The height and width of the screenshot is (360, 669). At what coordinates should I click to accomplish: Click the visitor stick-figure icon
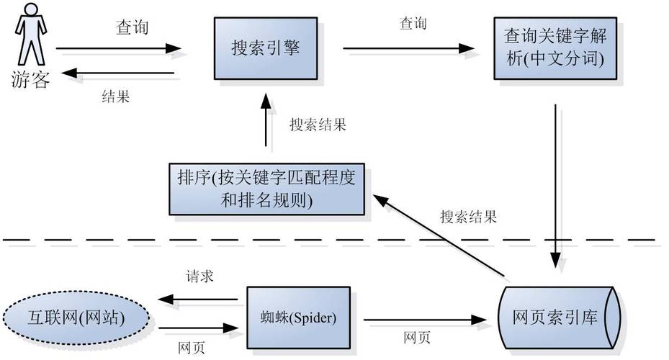[30, 35]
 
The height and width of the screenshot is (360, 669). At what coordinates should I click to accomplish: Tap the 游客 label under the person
[30, 79]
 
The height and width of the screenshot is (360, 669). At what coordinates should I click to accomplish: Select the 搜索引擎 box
[265, 48]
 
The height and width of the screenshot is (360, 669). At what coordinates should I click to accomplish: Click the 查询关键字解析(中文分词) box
[555, 48]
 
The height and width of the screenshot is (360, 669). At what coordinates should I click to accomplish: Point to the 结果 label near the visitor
[116, 96]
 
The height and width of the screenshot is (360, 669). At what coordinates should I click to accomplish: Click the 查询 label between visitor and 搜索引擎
[133, 27]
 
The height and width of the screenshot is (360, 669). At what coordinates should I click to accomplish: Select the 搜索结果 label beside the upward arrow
[318, 125]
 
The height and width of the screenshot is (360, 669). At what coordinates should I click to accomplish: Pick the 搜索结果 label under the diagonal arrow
[468, 216]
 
